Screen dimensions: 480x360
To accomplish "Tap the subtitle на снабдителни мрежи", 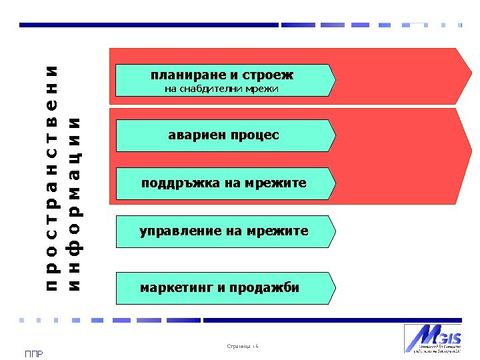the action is (221, 89).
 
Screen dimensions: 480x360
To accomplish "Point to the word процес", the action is (255, 135).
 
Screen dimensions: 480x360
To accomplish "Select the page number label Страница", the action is (239, 347).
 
